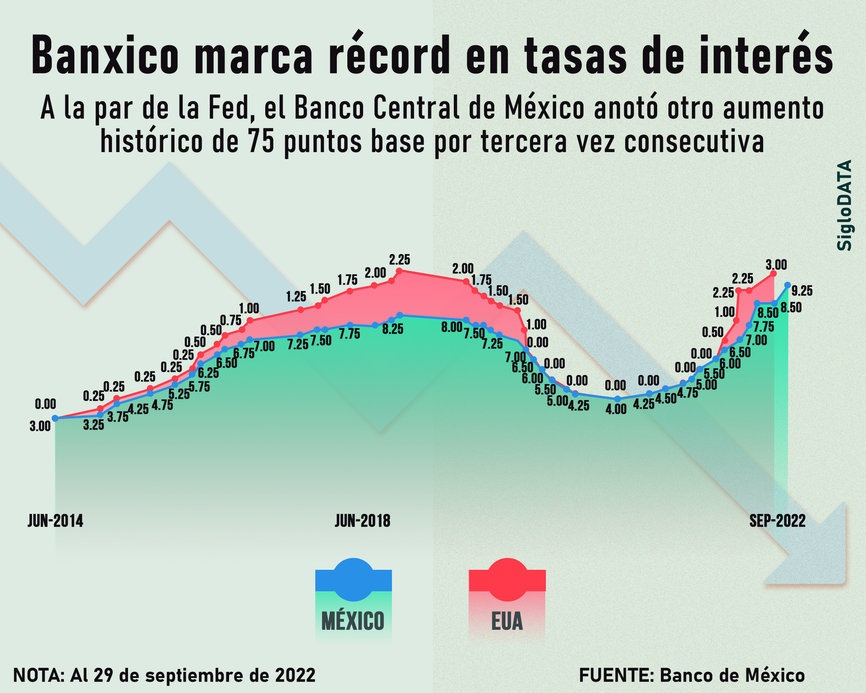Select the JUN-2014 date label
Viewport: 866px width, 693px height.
point(55,521)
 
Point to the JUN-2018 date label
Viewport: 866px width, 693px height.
point(363,521)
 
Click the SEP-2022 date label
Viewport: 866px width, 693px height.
point(777,521)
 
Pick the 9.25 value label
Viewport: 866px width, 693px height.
point(802,291)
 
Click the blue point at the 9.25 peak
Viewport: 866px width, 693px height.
point(788,285)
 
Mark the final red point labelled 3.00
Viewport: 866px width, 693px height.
point(774,273)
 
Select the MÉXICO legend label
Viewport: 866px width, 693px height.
point(353,621)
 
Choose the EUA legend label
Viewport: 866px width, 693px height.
point(507,621)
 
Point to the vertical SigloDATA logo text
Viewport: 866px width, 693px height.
point(844,205)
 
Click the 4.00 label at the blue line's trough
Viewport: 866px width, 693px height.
point(616,410)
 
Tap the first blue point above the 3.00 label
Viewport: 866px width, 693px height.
point(55,418)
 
